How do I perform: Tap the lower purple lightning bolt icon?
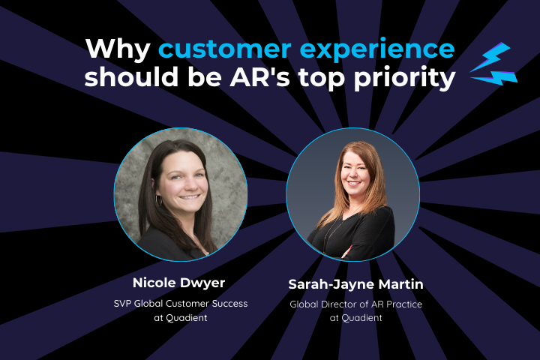[495, 77]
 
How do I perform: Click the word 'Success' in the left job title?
[229, 304]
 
